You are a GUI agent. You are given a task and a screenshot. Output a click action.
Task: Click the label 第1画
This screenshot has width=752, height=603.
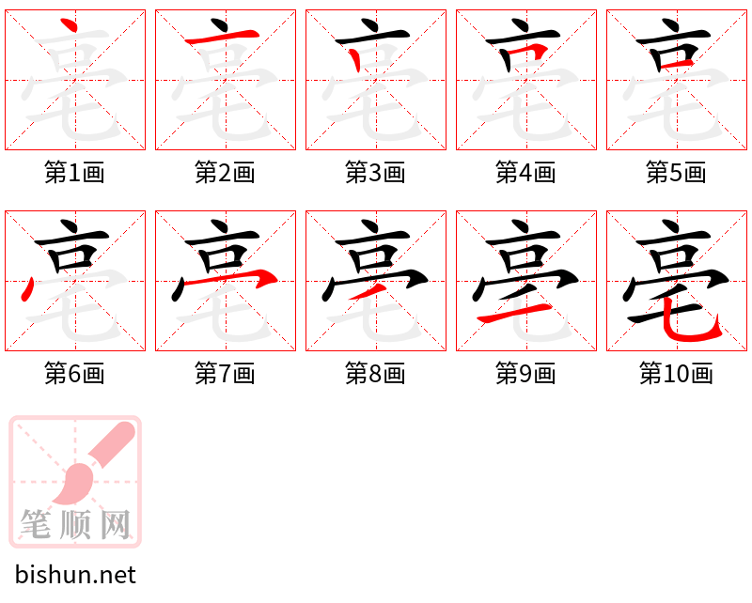point(74,173)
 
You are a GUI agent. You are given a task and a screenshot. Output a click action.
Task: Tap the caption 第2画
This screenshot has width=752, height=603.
point(225,173)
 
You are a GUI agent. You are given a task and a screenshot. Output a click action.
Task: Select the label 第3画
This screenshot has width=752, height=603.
point(375,173)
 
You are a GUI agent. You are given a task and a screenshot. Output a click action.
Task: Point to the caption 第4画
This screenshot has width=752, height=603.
point(525,173)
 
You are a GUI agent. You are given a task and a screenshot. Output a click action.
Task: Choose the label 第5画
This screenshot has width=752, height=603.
point(676,173)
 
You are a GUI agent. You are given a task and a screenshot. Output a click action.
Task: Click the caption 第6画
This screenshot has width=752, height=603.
point(74,374)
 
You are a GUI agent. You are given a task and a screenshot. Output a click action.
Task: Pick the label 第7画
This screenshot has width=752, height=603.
point(225,374)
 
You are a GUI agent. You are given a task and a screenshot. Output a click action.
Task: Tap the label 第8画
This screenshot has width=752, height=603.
point(375,374)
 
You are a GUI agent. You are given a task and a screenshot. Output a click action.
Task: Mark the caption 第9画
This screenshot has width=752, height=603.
point(525,374)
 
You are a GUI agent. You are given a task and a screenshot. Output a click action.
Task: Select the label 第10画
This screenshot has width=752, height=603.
point(676,374)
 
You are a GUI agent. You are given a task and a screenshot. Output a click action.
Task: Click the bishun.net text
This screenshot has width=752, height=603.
point(75,575)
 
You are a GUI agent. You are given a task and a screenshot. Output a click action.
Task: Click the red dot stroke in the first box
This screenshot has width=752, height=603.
point(66,27)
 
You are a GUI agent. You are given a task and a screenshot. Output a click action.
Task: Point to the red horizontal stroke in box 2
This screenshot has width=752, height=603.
point(222,39)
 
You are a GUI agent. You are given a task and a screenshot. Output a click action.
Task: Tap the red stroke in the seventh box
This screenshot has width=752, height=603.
point(258,278)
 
